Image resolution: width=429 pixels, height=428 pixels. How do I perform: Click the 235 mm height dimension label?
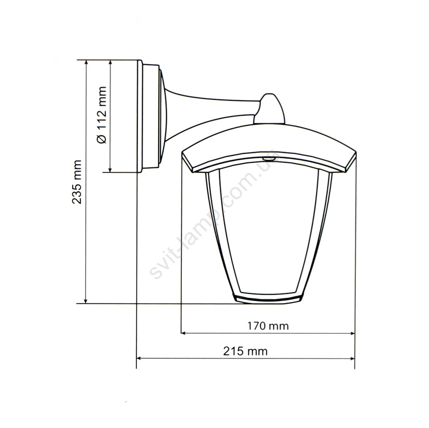77,182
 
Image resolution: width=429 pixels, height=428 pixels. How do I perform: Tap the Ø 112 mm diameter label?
102,115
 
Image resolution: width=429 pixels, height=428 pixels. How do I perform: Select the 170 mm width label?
268,326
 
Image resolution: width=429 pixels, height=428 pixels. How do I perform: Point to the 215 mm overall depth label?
245,351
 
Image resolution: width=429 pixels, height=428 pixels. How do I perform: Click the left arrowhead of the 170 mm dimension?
183,333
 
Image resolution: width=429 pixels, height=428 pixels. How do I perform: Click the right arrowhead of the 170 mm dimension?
352,333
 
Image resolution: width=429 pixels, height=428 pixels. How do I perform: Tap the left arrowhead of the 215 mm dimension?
139,358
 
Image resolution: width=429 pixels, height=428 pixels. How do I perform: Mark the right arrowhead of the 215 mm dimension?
352,358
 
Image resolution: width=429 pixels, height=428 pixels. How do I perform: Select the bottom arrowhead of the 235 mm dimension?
86,301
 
